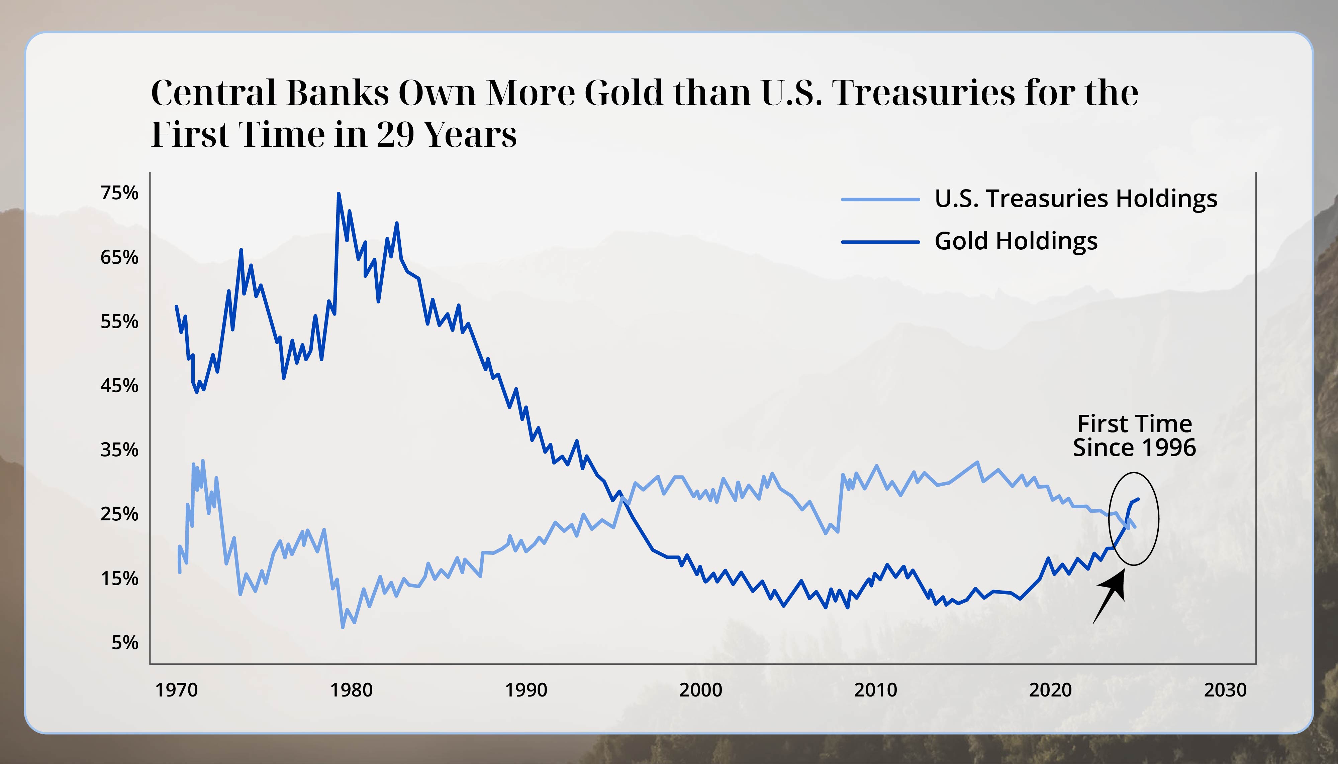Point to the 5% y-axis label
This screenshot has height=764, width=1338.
(125, 642)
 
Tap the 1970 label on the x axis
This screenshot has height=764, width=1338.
(176, 689)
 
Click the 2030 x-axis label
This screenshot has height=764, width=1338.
(1225, 689)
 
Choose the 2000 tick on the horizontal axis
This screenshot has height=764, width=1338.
(700, 689)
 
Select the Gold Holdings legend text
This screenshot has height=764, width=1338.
(1016, 241)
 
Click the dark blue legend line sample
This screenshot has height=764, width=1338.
(880, 242)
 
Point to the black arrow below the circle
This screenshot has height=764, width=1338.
(1110, 596)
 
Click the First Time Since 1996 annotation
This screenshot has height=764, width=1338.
(1134, 435)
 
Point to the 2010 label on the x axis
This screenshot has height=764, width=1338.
(875, 689)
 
